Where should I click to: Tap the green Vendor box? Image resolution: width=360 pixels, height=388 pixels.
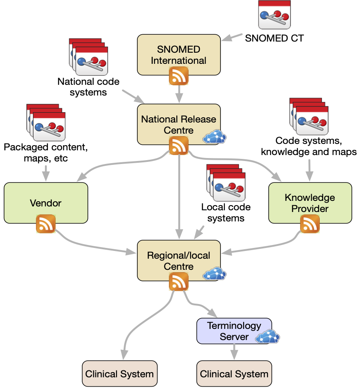(x=46, y=203)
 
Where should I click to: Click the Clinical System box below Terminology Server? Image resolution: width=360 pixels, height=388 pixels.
(x=234, y=374)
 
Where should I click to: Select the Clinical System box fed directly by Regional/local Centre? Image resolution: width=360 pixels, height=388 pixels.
(x=119, y=374)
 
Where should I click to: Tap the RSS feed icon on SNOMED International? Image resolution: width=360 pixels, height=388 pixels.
(x=179, y=76)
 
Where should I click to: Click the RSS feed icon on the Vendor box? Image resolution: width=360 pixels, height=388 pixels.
(x=46, y=224)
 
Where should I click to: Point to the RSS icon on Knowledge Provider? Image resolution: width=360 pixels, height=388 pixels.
(x=310, y=224)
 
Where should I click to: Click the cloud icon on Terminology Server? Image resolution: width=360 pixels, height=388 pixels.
(x=267, y=337)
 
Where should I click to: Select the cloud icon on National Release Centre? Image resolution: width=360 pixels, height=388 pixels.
(x=214, y=137)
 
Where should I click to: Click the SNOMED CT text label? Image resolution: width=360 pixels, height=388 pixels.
(x=274, y=38)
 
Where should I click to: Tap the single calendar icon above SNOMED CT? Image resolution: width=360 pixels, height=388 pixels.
(x=274, y=15)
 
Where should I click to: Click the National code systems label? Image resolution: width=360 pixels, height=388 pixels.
(x=88, y=87)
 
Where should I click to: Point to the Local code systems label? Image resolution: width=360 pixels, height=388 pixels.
(x=226, y=213)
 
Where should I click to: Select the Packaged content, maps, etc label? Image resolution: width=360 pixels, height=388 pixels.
(x=45, y=153)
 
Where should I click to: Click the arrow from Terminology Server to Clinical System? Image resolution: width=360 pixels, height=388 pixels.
(x=234, y=352)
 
